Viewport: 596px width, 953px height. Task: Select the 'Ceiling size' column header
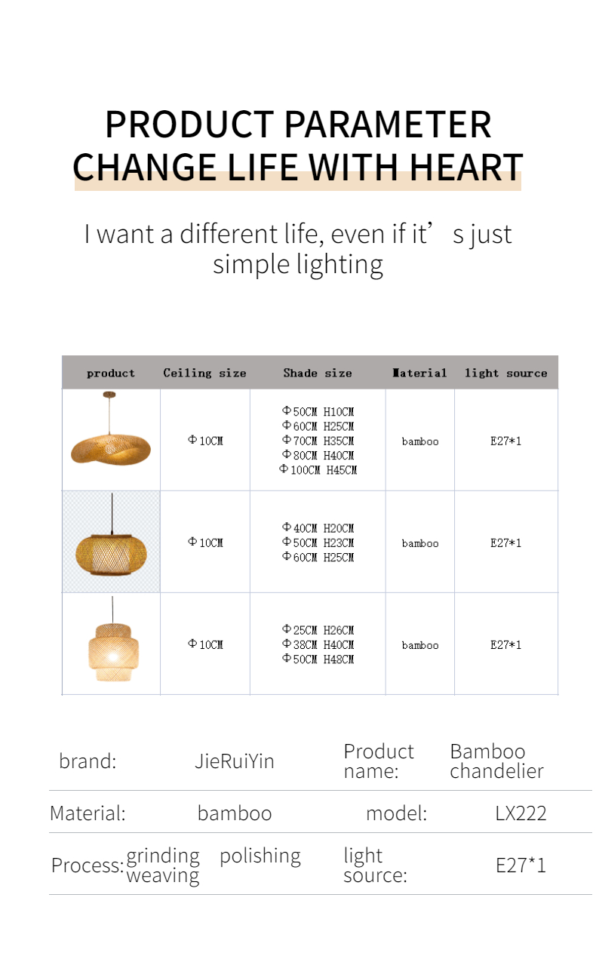(204, 373)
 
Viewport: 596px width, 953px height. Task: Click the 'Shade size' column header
(318, 373)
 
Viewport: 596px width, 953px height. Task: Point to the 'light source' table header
(505, 373)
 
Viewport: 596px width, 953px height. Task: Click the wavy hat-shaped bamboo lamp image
(111, 429)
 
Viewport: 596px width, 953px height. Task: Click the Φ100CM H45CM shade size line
(318, 469)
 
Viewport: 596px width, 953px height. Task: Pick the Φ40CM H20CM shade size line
(318, 528)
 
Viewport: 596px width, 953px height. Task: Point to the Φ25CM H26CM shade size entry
(318, 629)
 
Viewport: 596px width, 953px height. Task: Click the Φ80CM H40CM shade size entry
(318, 455)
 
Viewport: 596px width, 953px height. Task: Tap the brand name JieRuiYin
(235, 761)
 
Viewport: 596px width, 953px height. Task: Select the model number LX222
(521, 813)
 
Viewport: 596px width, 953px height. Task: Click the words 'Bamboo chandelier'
(496, 761)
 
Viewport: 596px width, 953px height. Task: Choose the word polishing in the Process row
(260, 856)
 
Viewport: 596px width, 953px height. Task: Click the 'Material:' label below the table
(88, 813)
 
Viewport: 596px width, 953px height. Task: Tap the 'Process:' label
(88, 865)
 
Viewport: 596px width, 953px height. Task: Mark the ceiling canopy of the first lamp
(109, 395)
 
